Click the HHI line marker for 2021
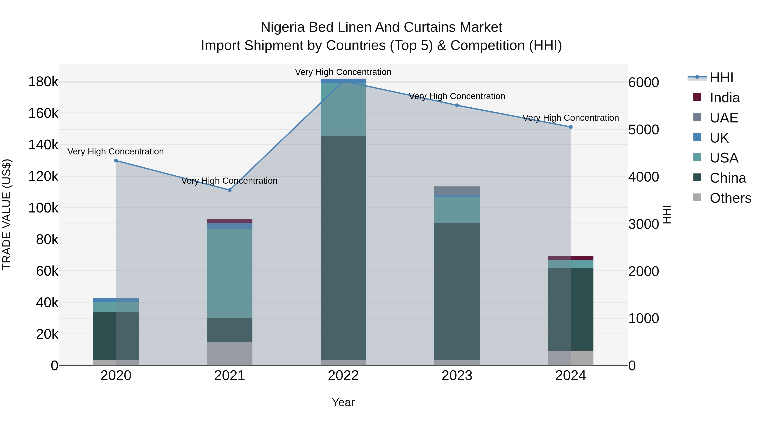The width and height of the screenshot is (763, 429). coord(230,190)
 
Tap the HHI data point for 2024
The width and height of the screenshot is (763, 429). coord(571,127)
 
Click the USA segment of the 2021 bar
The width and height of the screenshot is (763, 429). coord(230,273)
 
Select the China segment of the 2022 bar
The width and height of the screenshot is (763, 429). coord(343,247)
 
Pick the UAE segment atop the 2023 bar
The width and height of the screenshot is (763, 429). coord(457,190)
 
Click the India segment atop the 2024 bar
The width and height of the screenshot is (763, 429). coord(571,258)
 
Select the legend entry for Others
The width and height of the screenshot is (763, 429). coord(730,198)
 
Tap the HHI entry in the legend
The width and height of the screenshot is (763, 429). coord(721,78)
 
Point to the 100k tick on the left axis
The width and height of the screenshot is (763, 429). coord(43,208)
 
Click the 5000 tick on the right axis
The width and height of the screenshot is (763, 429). coord(643,130)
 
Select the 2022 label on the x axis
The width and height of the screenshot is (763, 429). coord(343,376)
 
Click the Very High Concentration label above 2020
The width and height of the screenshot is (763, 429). coord(116,151)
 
